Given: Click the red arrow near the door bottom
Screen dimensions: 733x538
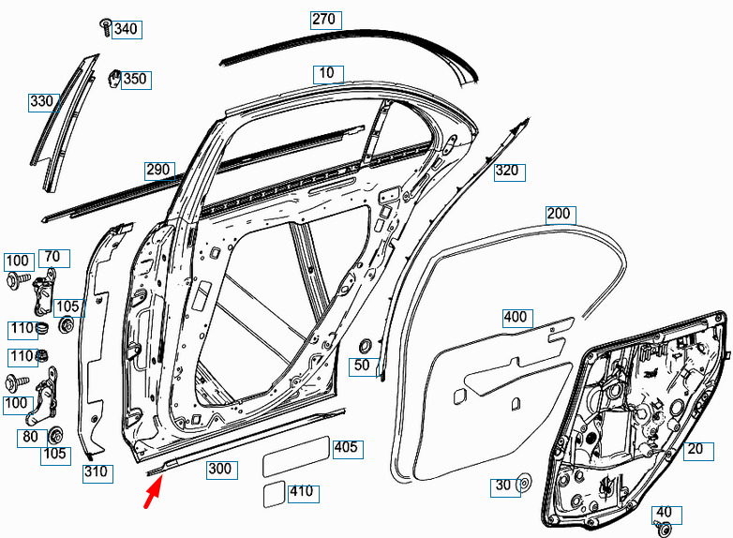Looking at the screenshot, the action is [154, 490].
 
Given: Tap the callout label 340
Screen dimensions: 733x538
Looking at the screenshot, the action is [127, 29].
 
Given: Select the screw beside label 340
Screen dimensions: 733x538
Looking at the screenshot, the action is [106, 27].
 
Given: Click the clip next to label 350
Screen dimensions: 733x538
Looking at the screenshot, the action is [114, 78].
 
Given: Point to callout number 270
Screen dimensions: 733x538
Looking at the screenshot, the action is [326, 20].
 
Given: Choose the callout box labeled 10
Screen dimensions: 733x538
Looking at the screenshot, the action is [328, 74].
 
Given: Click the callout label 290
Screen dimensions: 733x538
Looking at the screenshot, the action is [160, 171].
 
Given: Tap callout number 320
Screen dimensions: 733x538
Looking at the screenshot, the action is [510, 172].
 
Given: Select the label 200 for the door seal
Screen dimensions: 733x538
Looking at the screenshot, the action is [561, 215].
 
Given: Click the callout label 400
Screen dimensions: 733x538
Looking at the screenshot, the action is [517, 318].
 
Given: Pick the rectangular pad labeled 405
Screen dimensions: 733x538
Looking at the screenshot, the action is [296, 456].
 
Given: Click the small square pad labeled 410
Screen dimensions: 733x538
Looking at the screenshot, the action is [274, 494].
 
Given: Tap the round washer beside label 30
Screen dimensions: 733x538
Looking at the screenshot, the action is [525, 484].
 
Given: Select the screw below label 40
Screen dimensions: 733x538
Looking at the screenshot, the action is [663, 529].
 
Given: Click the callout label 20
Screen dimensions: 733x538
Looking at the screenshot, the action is [698, 451].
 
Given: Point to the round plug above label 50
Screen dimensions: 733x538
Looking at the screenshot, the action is [364, 348].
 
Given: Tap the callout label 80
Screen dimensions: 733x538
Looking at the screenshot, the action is [32, 438].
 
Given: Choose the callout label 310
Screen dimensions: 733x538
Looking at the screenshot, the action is [97, 473].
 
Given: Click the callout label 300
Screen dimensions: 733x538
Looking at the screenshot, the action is [221, 470].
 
